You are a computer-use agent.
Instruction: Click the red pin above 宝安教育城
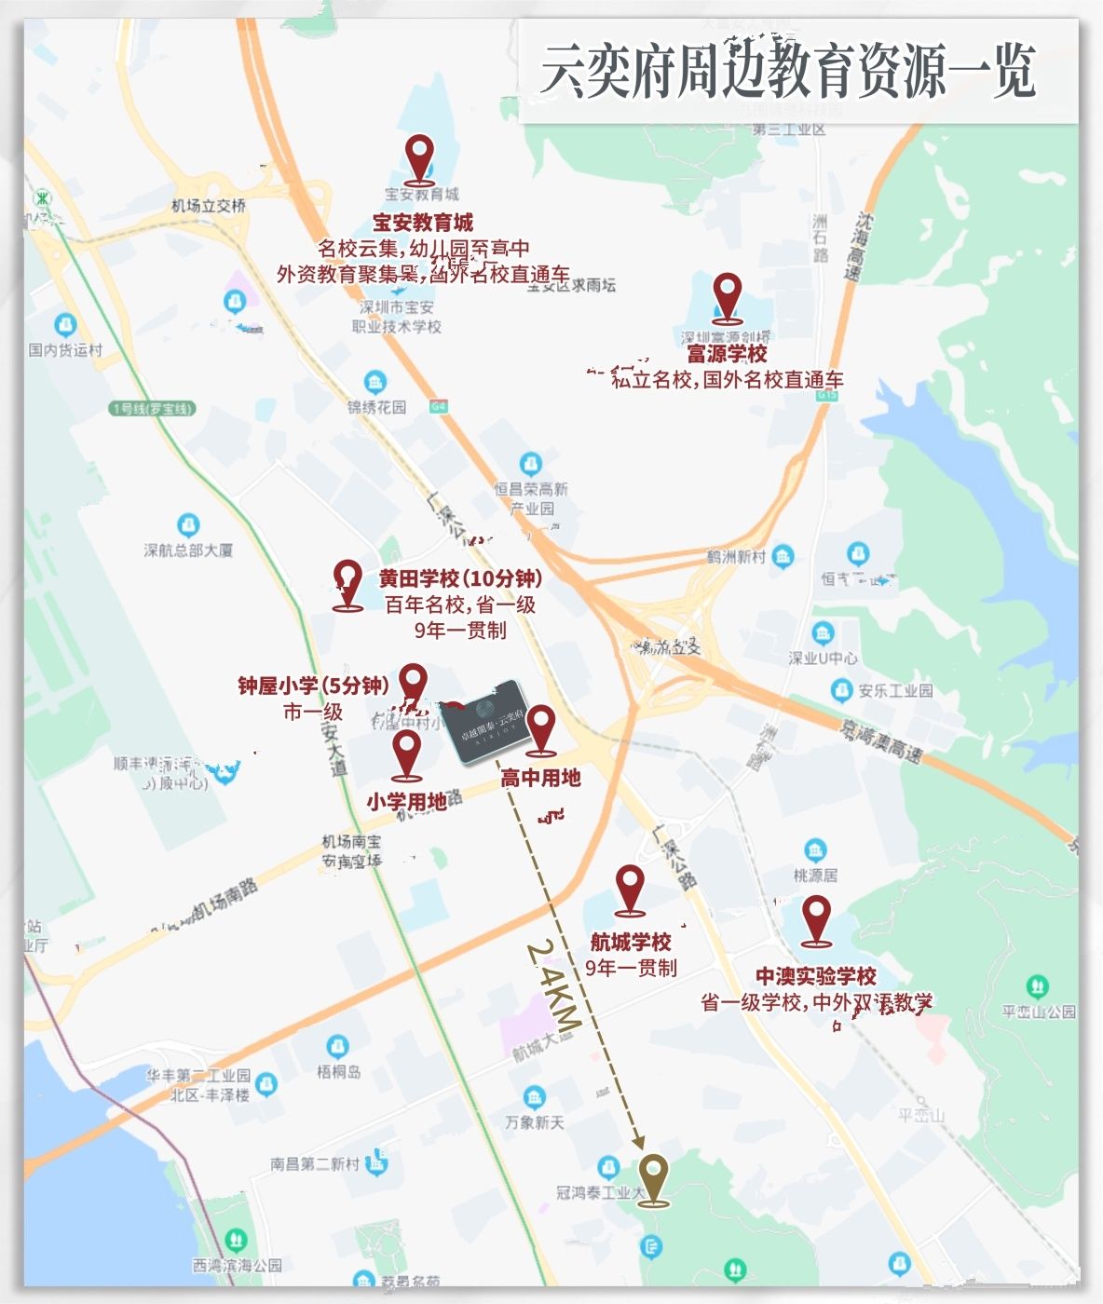pos(420,156)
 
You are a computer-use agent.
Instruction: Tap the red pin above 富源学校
pos(727,295)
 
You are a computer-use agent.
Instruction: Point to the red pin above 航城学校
pos(630,889)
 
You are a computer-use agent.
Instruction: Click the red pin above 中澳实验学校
pos(816,918)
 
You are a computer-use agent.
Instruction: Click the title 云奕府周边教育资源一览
pos(787,71)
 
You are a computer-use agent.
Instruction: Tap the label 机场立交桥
pos(209,205)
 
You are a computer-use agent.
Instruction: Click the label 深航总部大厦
pos(188,550)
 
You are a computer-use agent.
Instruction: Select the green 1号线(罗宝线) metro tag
pos(153,408)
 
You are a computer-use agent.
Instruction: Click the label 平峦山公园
pos(1039,1012)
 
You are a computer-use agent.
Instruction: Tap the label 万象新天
pos(535,1122)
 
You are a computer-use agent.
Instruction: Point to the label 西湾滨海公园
pos(237,1265)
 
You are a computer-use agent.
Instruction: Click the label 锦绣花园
pos(376,407)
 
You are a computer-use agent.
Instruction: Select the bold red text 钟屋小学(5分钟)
pos(313,686)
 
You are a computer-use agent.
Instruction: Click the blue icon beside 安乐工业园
pos(842,690)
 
